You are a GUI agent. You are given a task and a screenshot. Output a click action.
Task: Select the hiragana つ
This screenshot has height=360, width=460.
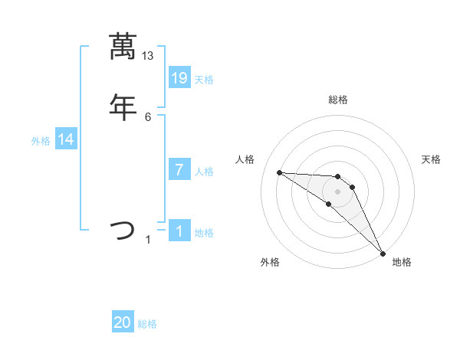(x=123, y=230)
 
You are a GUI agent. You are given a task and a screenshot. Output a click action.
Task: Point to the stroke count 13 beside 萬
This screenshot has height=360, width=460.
(x=148, y=55)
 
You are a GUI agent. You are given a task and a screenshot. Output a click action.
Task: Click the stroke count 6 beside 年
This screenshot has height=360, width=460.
(x=148, y=116)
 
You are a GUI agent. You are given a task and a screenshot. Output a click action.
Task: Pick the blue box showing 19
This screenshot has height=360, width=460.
(x=179, y=78)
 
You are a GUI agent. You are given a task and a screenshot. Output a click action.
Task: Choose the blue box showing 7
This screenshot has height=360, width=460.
(x=179, y=170)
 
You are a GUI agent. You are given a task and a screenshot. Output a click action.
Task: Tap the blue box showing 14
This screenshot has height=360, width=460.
(x=66, y=139)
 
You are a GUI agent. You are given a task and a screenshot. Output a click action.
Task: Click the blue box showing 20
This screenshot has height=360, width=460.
(x=123, y=322)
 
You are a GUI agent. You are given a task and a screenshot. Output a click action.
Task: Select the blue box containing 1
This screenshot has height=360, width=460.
(x=179, y=231)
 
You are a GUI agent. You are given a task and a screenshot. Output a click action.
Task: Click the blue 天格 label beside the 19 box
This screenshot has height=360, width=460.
(x=204, y=80)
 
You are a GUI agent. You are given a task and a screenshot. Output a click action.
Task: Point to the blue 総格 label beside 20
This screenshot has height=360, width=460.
(x=147, y=324)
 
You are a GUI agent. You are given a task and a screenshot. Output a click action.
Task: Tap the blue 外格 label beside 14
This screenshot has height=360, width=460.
(x=41, y=141)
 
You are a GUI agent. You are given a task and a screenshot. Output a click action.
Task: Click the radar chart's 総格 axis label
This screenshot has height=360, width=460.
(x=337, y=100)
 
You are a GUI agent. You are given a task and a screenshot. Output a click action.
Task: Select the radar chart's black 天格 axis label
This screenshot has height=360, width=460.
(x=432, y=159)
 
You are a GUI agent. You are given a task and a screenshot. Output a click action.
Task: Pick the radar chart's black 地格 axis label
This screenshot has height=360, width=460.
(x=402, y=262)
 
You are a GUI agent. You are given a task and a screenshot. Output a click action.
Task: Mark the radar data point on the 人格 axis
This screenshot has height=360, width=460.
(x=279, y=172)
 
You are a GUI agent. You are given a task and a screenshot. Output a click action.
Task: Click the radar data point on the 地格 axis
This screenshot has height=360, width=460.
(x=383, y=253)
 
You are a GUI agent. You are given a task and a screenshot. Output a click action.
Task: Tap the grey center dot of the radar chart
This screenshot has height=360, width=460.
(x=337, y=191)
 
